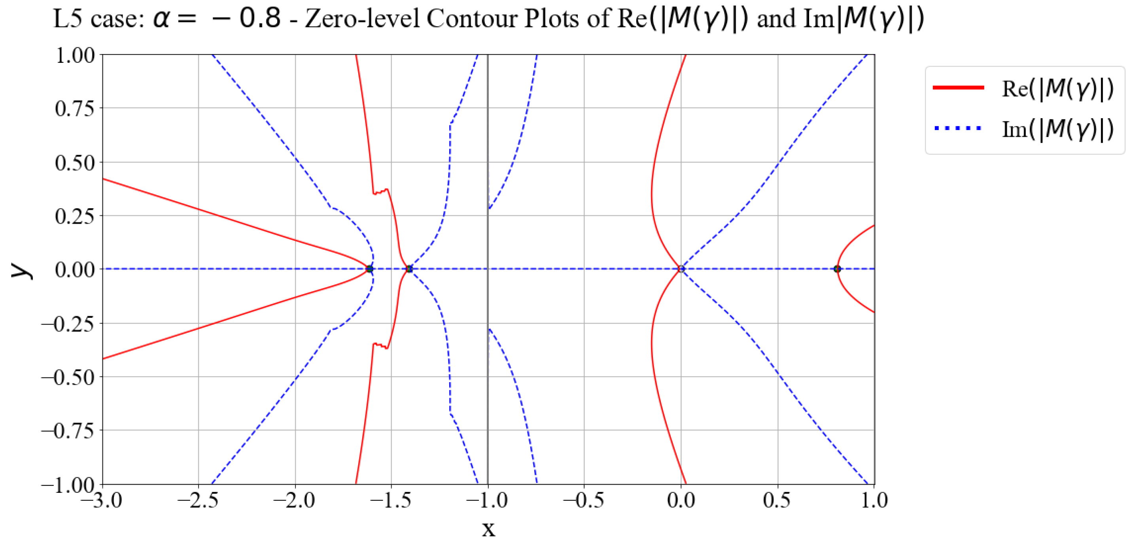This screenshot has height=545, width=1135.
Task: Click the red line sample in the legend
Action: pyautogui.click(x=958, y=88)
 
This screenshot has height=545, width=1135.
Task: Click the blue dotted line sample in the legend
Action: pyautogui.click(x=958, y=128)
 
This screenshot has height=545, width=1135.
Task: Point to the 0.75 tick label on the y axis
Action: pyautogui.click(x=74, y=108)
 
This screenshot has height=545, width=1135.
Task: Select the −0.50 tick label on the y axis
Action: pyautogui.click(x=68, y=377)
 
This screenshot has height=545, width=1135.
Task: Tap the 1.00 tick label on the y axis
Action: pyautogui.click(x=74, y=55)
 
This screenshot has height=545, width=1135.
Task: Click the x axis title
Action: pyautogui.click(x=488, y=529)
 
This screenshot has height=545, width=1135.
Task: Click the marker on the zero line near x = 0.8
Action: pyautogui.click(x=837, y=269)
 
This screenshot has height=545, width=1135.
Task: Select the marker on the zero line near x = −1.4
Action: pyautogui.click(x=409, y=269)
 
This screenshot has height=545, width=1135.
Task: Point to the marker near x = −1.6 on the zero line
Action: pyautogui.click(x=370, y=269)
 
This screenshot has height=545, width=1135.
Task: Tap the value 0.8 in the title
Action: pyautogui.click(x=260, y=19)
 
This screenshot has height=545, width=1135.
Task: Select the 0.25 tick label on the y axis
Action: pyautogui.click(x=74, y=216)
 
